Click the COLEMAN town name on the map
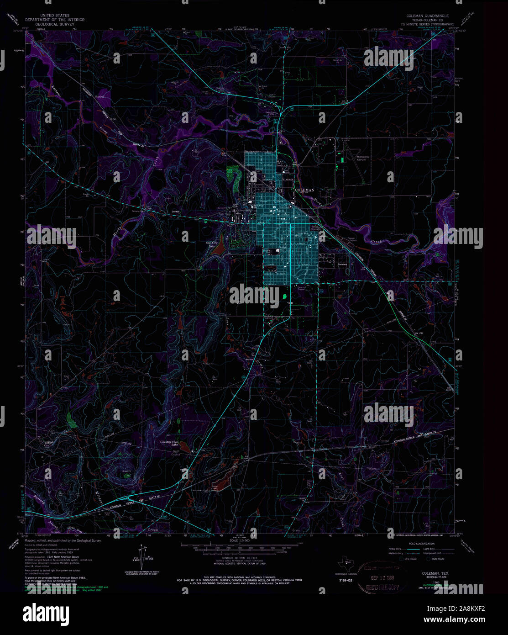305,190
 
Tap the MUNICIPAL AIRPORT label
363,158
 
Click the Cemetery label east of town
342,265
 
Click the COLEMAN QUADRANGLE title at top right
427,16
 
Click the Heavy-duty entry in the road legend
395,549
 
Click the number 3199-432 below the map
346,580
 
